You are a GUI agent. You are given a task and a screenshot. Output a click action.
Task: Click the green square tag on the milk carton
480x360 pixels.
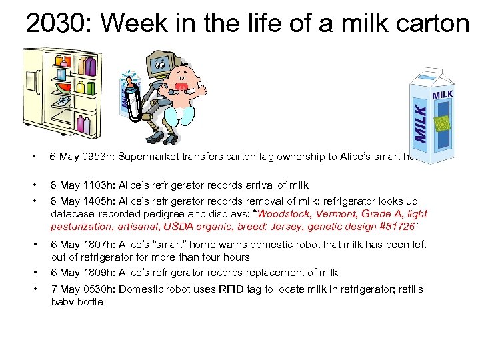(x=441, y=123)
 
